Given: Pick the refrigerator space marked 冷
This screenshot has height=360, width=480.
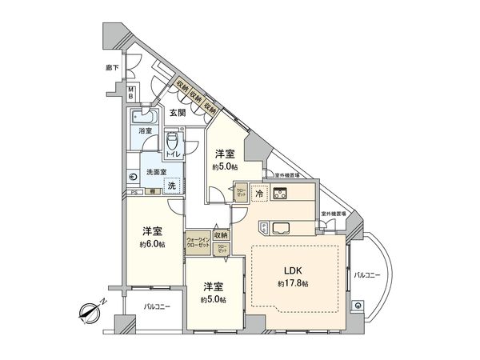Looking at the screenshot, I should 259,192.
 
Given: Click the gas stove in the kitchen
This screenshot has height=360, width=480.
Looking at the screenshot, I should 282,192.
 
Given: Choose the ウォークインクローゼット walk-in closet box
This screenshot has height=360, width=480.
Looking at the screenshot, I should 198,242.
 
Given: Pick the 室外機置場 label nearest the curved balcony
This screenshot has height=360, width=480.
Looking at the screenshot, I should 334,214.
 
